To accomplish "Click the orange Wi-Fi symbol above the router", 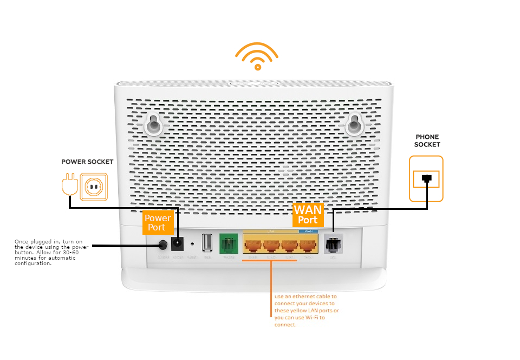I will tap(257, 56).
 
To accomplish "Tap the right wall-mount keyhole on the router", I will tap(355, 124).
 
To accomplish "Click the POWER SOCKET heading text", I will tap(87, 162).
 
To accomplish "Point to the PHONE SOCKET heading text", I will tap(427, 141).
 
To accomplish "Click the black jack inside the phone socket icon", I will tap(427, 178).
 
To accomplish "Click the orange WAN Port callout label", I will tap(308, 214).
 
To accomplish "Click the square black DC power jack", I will tap(177, 245).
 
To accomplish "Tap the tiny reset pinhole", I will tap(192, 245).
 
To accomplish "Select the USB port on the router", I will tap(207, 243).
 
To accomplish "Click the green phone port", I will tap(228, 243).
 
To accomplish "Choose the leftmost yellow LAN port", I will tap(252, 245).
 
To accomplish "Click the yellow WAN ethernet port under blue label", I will tap(308, 245).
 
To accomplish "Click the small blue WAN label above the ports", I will tap(308, 232).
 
